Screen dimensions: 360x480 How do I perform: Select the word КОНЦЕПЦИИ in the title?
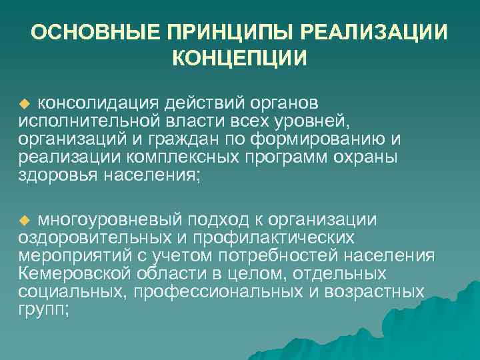pyautogui.click(x=240, y=59)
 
